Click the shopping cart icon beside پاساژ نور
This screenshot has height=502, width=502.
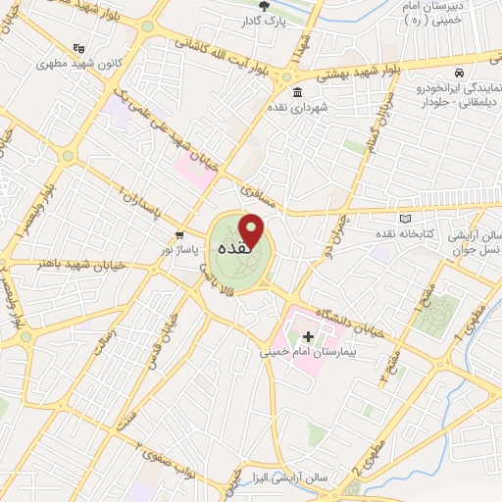(x=179, y=235)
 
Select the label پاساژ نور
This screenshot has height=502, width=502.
(x=179, y=251)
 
